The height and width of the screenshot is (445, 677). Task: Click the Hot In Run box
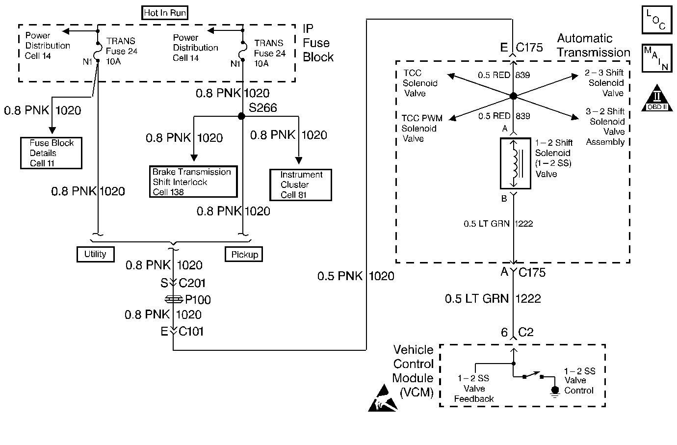click(x=165, y=13)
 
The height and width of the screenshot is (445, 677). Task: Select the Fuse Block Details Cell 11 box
click(x=51, y=153)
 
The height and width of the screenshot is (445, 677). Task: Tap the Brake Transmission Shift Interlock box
click(x=193, y=182)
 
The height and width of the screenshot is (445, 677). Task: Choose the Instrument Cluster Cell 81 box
click(x=301, y=185)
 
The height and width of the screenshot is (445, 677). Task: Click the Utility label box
click(x=95, y=254)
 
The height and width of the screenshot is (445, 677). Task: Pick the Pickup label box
click(x=244, y=255)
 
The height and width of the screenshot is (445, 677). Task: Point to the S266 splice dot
click(x=241, y=116)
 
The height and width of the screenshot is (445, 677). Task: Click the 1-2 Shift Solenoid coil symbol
click(x=515, y=164)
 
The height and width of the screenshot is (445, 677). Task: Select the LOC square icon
click(x=656, y=20)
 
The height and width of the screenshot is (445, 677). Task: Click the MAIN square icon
click(x=656, y=58)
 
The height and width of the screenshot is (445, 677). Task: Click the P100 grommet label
click(x=198, y=300)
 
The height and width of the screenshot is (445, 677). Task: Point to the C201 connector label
click(x=192, y=283)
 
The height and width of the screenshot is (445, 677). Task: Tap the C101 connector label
click(x=191, y=332)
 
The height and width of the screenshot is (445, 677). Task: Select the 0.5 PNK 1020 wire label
click(x=355, y=276)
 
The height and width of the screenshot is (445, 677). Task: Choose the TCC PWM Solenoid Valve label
click(x=421, y=129)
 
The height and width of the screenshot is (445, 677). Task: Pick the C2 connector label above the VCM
click(x=525, y=333)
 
